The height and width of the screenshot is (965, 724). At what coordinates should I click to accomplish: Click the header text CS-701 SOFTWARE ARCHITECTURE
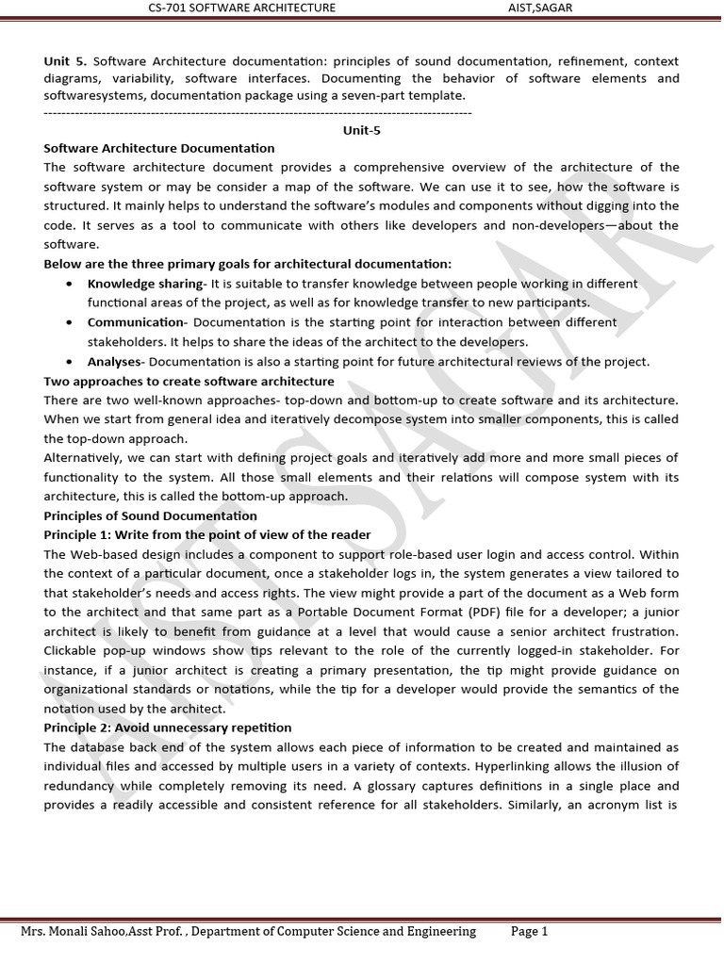(241, 8)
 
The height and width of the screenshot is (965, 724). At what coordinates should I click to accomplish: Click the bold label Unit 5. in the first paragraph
(65, 61)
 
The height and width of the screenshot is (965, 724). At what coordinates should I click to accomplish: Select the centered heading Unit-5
(362, 131)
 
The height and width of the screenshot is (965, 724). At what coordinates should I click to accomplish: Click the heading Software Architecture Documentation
(159, 148)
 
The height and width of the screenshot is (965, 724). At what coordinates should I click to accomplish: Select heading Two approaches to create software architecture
(189, 381)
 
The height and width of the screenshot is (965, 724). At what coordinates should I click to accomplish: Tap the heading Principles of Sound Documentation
(150, 515)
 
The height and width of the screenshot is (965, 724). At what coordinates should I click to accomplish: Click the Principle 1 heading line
(207, 534)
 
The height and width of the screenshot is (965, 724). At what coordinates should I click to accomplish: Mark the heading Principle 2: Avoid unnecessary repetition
(168, 728)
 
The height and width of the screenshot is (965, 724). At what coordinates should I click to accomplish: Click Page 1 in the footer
(529, 931)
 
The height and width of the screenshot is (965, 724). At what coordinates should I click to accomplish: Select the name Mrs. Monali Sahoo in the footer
(71, 931)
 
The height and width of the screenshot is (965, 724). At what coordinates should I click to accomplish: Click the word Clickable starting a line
(74, 650)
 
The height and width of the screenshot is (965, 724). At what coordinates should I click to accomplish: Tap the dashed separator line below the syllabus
(257, 113)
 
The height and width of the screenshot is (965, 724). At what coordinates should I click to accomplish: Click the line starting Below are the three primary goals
(247, 264)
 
